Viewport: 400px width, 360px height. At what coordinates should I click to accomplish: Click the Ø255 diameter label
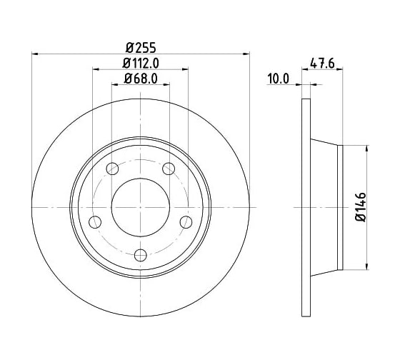(x=141, y=48)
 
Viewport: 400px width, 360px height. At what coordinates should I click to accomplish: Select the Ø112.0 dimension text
(x=141, y=64)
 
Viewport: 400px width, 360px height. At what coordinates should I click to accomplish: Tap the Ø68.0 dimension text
(x=141, y=79)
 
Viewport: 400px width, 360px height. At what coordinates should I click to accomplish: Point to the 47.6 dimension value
(x=322, y=64)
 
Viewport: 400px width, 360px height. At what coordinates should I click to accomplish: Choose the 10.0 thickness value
(x=278, y=79)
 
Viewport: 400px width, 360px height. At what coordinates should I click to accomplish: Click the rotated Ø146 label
(x=361, y=207)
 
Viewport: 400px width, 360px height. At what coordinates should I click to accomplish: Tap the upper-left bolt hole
(x=112, y=169)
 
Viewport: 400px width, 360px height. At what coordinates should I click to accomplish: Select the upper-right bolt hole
(x=169, y=169)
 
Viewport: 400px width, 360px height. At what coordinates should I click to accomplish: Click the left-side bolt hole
(x=95, y=222)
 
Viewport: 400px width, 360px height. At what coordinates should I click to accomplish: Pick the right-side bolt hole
(x=186, y=222)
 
